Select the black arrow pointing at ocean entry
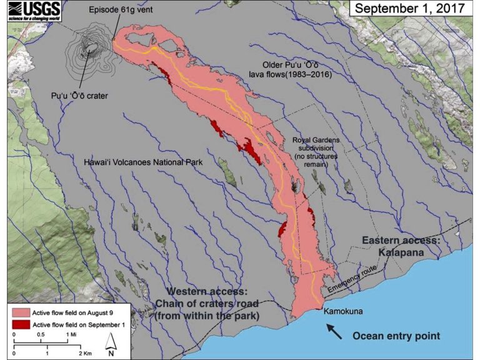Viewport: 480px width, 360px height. point(334,330)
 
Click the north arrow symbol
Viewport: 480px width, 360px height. point(110,342)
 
